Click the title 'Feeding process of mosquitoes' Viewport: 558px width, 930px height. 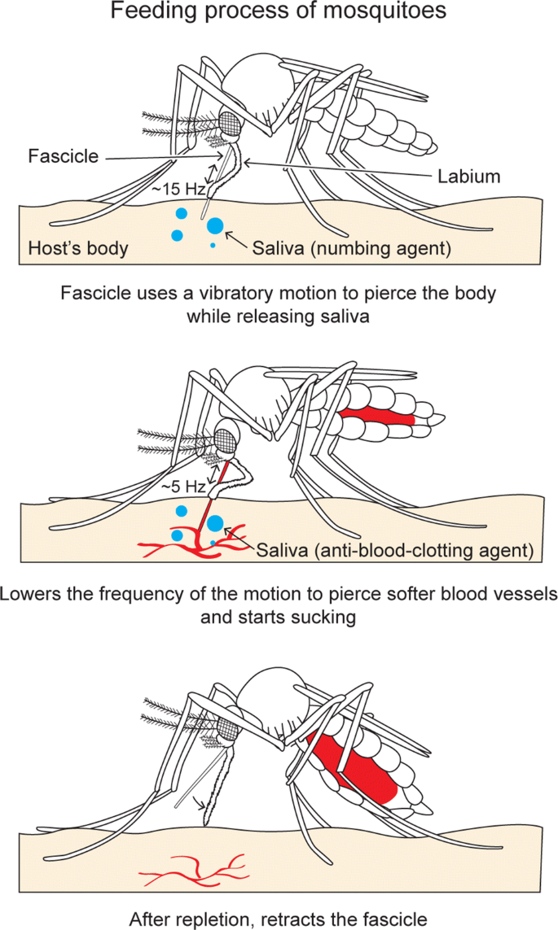279,13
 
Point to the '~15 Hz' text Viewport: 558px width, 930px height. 177,189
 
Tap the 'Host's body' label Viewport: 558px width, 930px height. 78,248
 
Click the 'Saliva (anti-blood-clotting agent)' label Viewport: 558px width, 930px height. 395,551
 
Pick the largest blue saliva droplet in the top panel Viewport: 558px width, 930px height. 216,225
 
